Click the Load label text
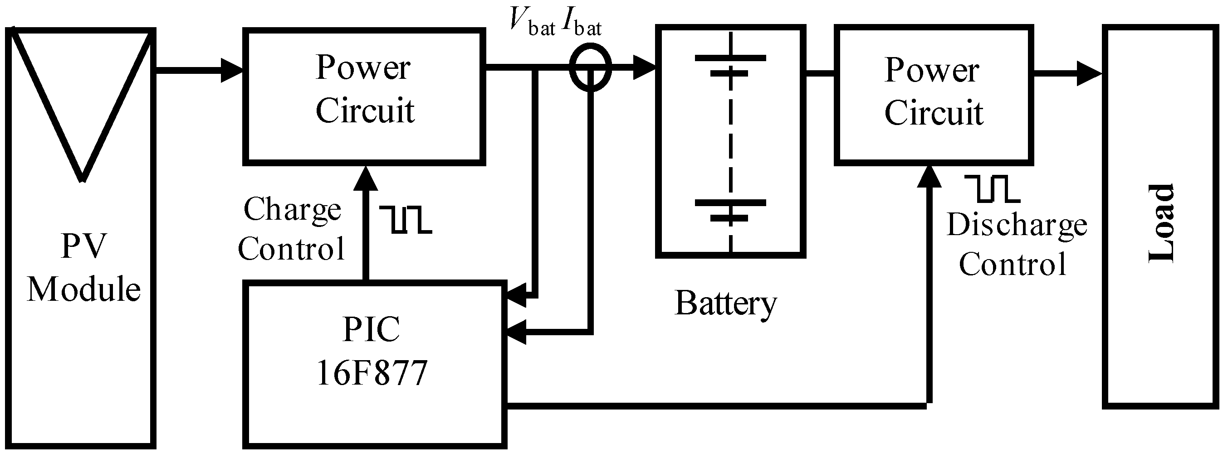1161,223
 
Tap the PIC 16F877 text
372,351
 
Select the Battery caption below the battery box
725,303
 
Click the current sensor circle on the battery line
590,67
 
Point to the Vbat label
532,21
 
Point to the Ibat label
582,21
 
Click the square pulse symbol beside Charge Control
406,220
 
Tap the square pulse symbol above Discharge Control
992,188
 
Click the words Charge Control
292,229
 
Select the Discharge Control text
1016,244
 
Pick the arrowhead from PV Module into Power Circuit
232,70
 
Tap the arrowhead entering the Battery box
644,67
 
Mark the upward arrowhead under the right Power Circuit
929,177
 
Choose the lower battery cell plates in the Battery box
730,210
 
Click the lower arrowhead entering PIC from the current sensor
516,332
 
